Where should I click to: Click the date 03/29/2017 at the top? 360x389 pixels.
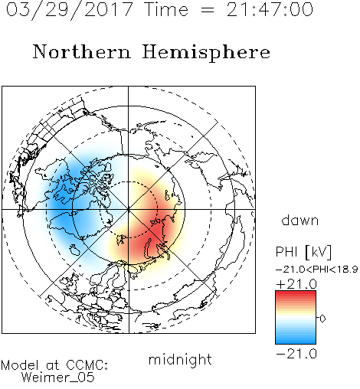pyautogui.click(x=69, y=10)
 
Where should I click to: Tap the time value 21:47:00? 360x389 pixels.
pyautogui.click(x=270, y=9)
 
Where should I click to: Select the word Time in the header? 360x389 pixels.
pyautogui.click(x=166, y=9)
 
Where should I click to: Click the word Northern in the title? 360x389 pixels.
pyautogui.click(x=82, y=51)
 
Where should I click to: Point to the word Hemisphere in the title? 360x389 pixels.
pyautogui.click(x=206, y=53)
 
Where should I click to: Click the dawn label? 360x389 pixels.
pyautogui.click(x=300, y=220)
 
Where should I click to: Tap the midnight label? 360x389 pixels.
pyautogui.click(x=180, y=359)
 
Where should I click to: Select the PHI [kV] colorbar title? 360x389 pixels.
pyautogui.click(x=303, y=252)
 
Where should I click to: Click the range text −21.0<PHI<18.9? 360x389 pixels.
pyautogui.click(x=316, y=269)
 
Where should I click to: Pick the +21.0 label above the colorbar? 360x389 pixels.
pyautogui.click(x=296, y=284)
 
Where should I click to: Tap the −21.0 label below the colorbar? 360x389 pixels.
pyautogui.click(x=296, y=354)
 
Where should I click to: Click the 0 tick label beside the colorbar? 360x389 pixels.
pyautogui.click(x=322, y=319)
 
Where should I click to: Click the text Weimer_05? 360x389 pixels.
pyautogui.click(x=57, y=377)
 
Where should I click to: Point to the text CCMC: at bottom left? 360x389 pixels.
pyautogui.click(x=87, y=365)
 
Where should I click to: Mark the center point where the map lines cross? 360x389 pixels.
pyautogui.click(x=129, y=209)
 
